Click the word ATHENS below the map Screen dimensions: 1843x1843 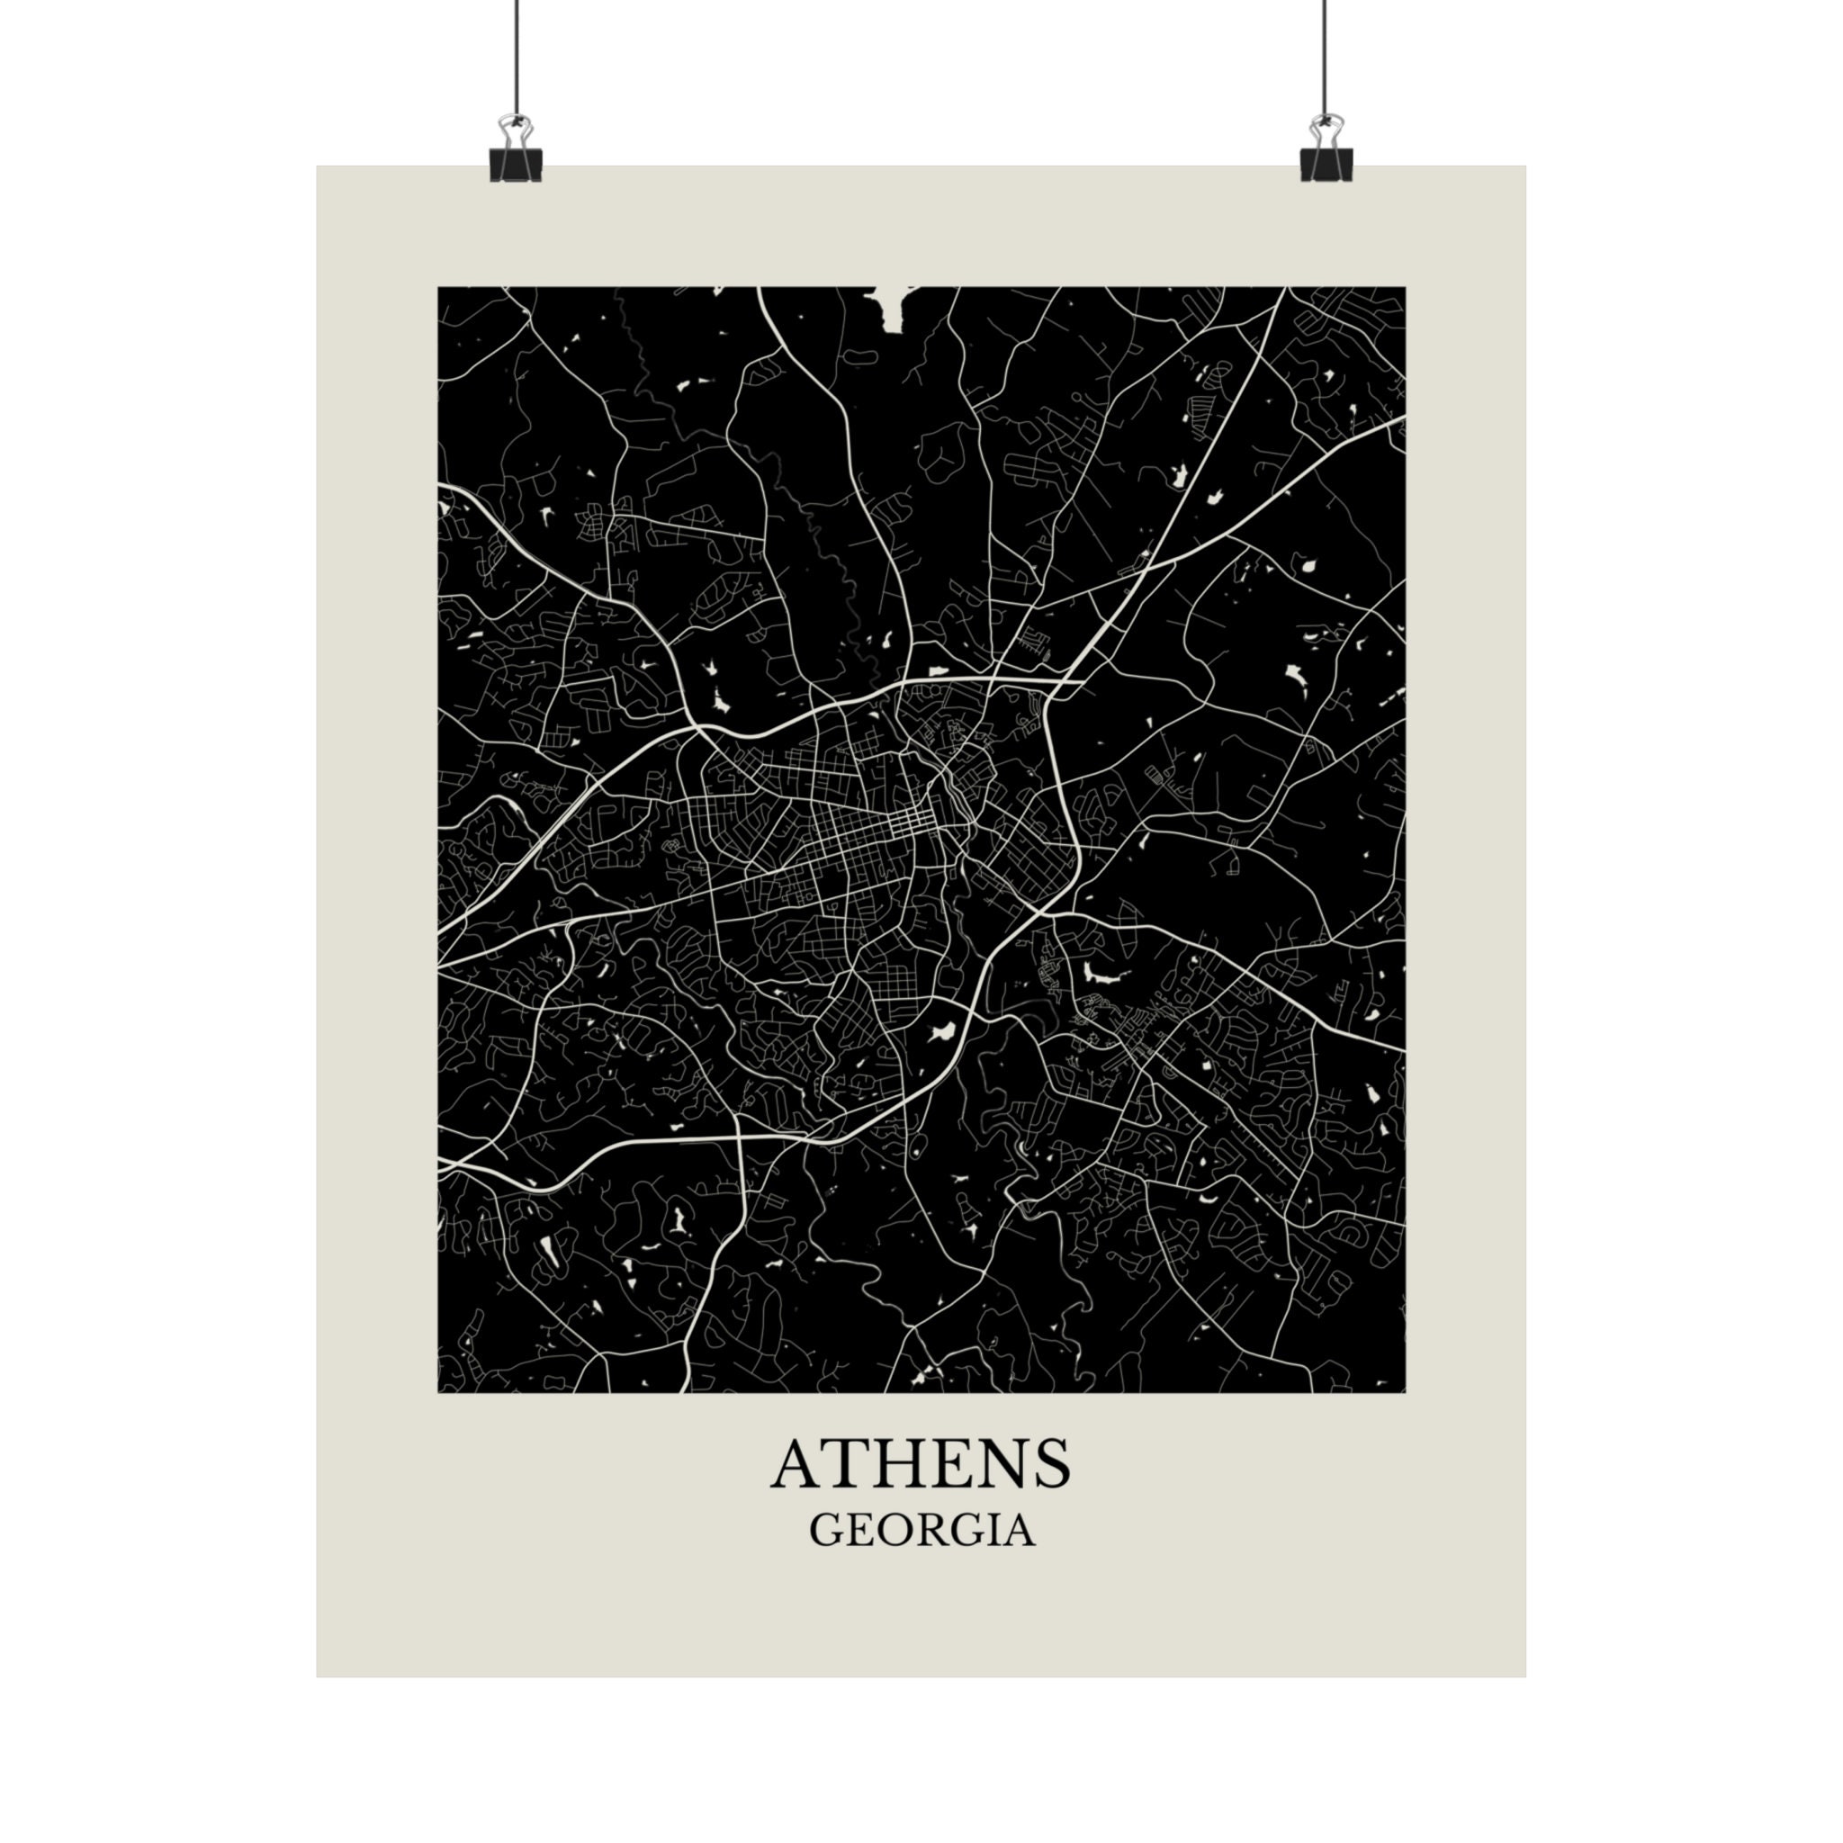click(921, 1464)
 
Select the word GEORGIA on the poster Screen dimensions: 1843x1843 click(921, 1530)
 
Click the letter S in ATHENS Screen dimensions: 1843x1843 click(1049, 1464)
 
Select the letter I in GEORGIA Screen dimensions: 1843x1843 click(990, 1530)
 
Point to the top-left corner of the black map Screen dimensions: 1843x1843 click(439, 287)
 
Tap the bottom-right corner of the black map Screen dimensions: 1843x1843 click(1404, 1392)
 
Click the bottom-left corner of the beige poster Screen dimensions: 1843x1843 click(319, 1675)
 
